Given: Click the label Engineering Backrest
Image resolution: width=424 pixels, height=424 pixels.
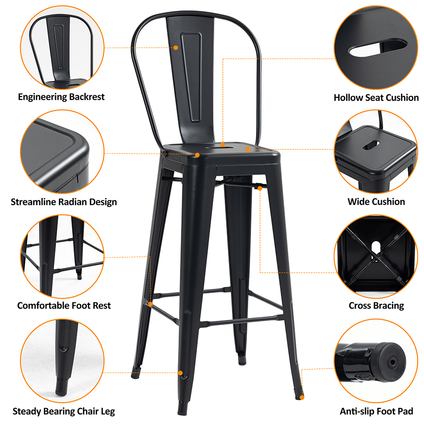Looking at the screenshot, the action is pyautogui.click(x=61, y=97).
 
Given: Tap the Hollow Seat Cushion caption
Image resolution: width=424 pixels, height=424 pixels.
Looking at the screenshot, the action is pyautogui.click(x=376, y=98).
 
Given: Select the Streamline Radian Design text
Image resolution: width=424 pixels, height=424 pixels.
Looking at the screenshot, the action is pyautogui.click(x=64, y=202).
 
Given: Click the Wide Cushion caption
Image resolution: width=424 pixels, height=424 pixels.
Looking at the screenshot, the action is pyautogui.click(x=376, y=202).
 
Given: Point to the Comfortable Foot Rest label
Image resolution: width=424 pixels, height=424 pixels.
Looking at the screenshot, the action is pyautogui.click(x=64, y=306).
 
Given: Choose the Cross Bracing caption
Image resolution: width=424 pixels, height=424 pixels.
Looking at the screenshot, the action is pyautogui.click(x=376, y=306).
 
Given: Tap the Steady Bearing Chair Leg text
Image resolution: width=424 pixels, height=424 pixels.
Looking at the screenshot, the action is pyautogui.click(x=64, y=412).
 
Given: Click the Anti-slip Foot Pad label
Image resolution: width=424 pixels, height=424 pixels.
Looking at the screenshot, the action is pyautogui.click(x=376, y=412).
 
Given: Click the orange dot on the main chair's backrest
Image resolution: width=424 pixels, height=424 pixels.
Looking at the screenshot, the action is pyautogui.click(x=176, y=48).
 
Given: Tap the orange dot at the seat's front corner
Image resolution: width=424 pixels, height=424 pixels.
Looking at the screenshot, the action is pyautogui.click(x=197, y=155).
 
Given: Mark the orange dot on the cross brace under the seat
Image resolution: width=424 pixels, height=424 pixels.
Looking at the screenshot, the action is pyautogui.click(x=260, y=188).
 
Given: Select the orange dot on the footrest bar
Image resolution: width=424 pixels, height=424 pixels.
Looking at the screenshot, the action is pyautogui.click(x=151, y=304).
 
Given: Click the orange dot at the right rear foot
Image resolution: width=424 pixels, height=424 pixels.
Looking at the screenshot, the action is pyautogui.click(x=302, y=397).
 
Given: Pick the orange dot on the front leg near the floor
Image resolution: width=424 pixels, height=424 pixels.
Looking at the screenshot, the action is pyautogui.click(x=180, y=373).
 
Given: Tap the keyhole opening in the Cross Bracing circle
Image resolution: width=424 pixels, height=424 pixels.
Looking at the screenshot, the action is pyautogui.click(x=375, y=248).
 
